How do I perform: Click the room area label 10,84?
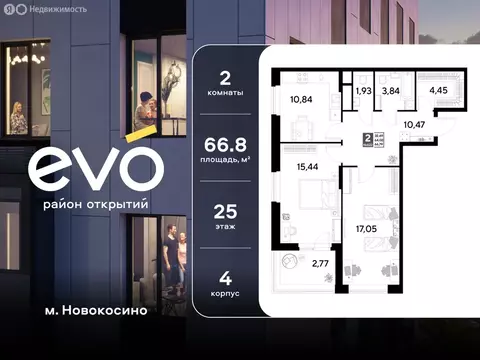[x=301, y=100]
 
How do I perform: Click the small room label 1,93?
[x=364, y=91]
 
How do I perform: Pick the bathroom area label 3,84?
[x=392, y=91]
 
